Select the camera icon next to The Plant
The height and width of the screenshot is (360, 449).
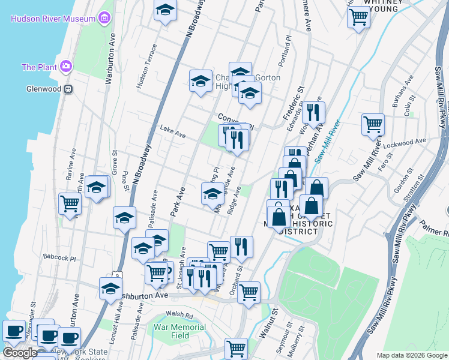pos(65,66)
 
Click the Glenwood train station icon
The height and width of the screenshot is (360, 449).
pos(68,89)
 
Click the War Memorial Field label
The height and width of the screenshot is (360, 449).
pos(179,331)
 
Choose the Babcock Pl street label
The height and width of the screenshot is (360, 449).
pos(59,258)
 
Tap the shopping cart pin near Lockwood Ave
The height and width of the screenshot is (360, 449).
pos(373,124)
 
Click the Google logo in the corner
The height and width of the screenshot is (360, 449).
pos(20,352)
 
